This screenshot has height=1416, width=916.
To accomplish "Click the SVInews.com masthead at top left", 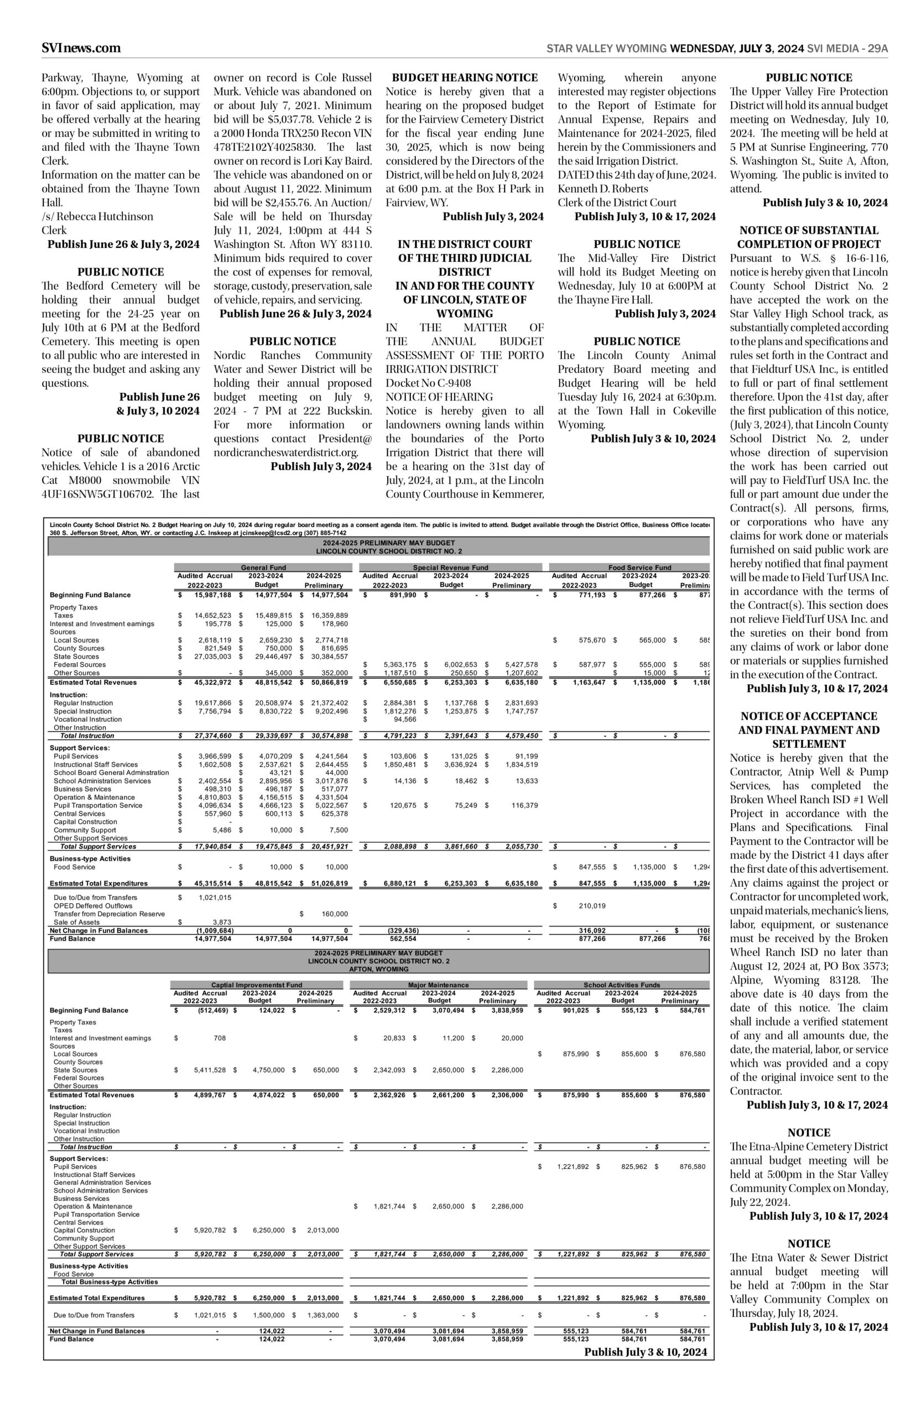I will [x=81, y=48].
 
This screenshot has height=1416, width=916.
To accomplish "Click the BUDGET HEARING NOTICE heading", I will [x=465, y=77].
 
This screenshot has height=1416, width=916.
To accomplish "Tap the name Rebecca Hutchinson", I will [x=103, y=216].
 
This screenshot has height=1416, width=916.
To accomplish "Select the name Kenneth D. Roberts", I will [x=602, y=189].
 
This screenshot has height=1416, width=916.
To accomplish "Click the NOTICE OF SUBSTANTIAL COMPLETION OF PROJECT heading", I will [x=808, y=237].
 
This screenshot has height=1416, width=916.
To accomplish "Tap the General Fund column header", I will [x=263, y=568].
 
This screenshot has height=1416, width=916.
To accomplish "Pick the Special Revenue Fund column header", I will [x=450, y=568].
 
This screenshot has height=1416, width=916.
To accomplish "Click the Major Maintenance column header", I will [x=439, y=985].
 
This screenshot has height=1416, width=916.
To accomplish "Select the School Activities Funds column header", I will [x=622, y=985].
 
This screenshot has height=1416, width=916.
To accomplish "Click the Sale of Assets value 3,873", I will [x=221, y=923].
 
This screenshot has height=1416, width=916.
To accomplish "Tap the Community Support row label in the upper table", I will [x=85, y=830].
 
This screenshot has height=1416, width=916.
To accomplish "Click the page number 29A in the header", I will [x=877, y=49].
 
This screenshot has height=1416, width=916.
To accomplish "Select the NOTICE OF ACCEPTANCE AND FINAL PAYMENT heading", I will [x=808, y=730].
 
